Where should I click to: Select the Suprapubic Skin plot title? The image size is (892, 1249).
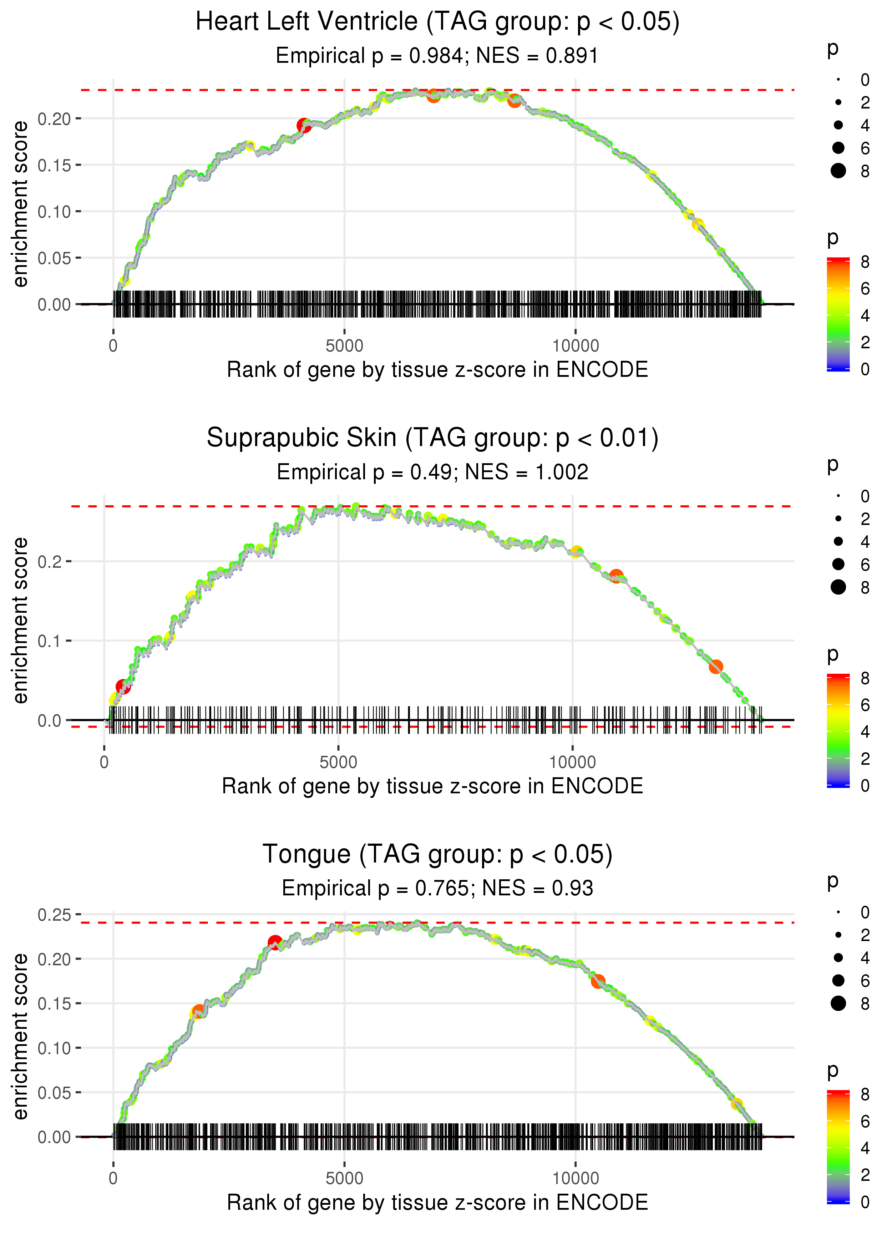432,438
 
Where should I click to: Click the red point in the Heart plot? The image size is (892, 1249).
304,126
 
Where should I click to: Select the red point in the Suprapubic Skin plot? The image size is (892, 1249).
122,687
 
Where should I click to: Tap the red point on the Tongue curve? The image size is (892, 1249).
275,942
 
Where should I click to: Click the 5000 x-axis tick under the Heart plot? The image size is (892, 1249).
344,346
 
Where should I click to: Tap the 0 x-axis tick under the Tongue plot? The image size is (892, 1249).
113,1179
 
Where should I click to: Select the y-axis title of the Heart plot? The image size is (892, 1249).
20,204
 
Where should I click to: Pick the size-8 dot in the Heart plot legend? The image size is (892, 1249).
838,171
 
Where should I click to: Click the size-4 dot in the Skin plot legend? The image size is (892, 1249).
838,542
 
